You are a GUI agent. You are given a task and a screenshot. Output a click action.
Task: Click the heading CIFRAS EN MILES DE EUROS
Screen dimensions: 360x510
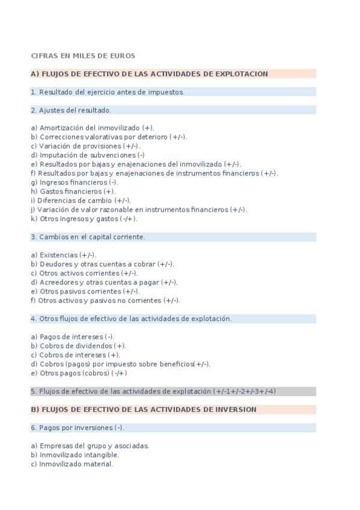click(83, 56)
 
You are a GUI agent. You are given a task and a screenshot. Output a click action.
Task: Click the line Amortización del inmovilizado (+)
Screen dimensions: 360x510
click(92, 127)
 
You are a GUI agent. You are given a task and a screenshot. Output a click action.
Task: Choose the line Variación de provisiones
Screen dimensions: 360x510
click(85, 146)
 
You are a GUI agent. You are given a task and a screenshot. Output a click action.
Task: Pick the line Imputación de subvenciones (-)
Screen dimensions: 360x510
click(88, 155)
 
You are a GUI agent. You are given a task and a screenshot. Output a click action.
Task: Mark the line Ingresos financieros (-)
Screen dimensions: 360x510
click(75, 182)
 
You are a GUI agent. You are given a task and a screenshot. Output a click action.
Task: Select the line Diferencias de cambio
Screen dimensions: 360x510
click(81, 200)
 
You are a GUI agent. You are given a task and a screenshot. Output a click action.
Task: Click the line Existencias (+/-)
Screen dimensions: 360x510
click(64, 255)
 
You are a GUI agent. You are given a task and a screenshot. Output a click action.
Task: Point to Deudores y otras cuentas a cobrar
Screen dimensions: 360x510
click(102, 264)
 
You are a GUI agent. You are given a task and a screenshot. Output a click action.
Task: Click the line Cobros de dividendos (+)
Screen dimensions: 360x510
click(78, 346)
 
